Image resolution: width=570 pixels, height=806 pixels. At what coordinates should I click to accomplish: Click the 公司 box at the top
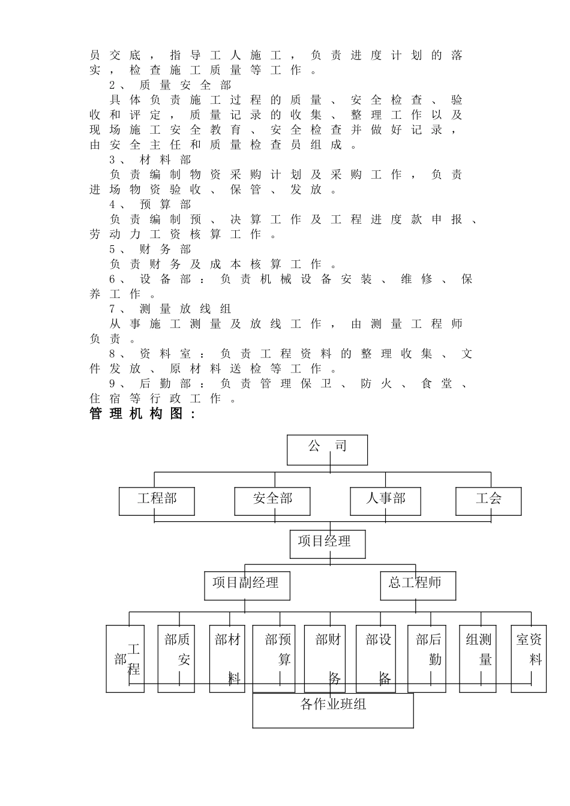327,449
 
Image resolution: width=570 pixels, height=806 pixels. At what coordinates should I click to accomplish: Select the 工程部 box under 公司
157,501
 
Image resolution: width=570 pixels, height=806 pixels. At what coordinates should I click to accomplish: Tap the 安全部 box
272,501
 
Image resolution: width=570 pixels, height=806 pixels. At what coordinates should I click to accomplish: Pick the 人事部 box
385,501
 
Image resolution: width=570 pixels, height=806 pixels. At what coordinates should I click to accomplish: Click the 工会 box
488,501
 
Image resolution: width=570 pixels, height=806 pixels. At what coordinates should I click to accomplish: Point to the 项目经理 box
327,543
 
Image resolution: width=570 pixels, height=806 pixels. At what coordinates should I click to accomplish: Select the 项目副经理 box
247,585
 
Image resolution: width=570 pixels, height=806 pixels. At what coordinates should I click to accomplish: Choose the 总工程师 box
418,585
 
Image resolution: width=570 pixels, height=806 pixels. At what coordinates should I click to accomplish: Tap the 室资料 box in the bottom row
529,658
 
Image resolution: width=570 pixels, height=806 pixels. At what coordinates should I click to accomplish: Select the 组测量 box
478,658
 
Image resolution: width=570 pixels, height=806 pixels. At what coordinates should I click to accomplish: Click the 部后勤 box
427,658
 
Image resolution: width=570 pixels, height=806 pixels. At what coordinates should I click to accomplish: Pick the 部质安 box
176,658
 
